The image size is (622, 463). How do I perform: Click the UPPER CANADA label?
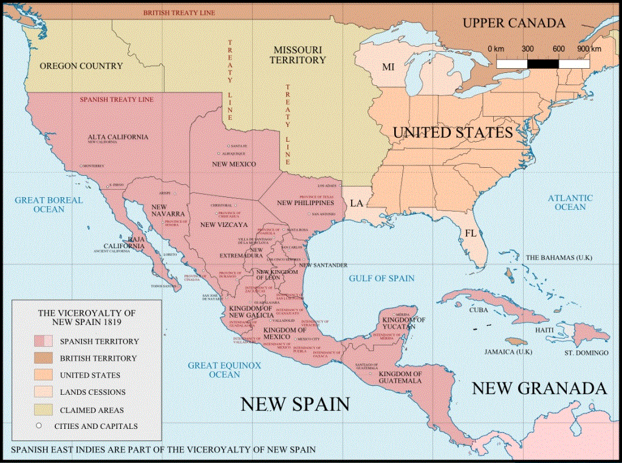point(514,23)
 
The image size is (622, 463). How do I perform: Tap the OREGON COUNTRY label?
point(81,66)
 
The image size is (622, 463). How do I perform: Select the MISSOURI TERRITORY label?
point(299,55)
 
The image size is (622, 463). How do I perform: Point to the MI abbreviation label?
point(388,67)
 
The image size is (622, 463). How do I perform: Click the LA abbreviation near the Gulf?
point(357,203)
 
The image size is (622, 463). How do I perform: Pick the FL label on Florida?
point(471,233)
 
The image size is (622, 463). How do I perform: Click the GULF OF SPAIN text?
point(381,278)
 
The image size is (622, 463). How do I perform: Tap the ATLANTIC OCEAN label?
point(570,202)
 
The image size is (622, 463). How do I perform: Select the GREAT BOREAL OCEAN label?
point(39,204)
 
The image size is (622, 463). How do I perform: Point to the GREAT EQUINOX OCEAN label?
point(224,370)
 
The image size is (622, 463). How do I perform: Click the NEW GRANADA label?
point(539,388)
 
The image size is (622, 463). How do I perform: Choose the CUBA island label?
point(479,309)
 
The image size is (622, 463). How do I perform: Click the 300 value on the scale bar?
point(527,49)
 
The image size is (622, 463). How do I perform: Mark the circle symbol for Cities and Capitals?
point(38,426)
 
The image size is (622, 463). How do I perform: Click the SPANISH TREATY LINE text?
point(117,99)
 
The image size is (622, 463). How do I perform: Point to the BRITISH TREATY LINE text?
point(179,12)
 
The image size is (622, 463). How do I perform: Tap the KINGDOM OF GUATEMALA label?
point(401,377)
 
